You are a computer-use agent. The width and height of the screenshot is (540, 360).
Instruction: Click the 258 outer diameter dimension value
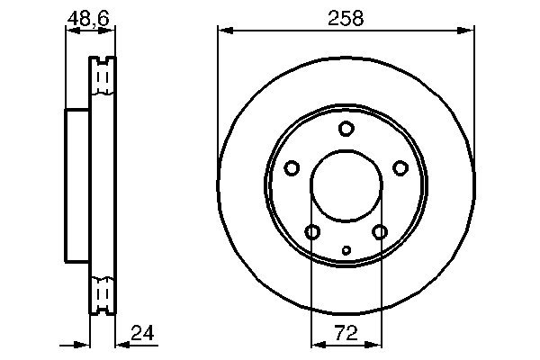click(x=346, y=17)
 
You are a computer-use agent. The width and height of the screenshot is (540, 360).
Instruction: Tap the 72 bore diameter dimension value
click(x=346, y=333)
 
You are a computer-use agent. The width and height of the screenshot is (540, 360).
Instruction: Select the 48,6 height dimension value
click(x=90, y=17)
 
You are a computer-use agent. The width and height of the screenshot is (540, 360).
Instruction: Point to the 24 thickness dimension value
click(x=142, y=333)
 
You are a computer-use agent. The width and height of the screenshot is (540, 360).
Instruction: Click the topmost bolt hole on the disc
click(x=346, y=129)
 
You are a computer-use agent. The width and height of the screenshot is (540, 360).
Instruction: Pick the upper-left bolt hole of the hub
click(x=292, y=167)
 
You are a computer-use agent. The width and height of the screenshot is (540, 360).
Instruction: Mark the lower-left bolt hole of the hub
click(x=312, y=232)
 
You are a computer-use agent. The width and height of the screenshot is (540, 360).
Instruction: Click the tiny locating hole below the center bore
click(x=346, y=250)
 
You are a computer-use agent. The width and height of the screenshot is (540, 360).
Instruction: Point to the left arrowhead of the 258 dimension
click(x=223, y=31)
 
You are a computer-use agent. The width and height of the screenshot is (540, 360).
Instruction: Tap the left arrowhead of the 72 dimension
click(x=315, y=344)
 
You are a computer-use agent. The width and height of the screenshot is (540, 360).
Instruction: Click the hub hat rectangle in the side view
click(x=77, y=185)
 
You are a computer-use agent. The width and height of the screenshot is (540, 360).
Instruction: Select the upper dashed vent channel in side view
click(x=103, y=80)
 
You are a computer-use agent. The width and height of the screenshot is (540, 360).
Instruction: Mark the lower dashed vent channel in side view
click(x=103, y=293)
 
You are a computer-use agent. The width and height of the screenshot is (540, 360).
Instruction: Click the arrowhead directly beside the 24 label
click(x=121, y=344)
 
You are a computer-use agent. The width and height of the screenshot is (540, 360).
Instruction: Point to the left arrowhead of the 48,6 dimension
click(x=70, y=31)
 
